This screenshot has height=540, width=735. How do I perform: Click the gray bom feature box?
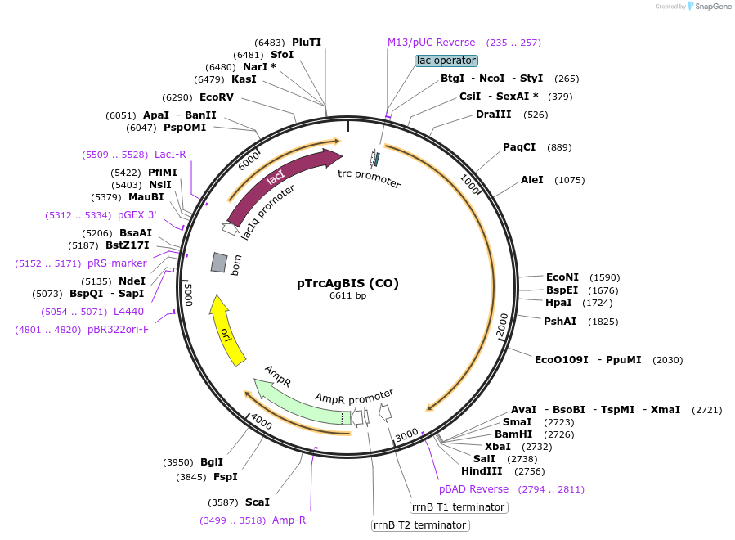coord(218,262)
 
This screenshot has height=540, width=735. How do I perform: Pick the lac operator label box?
coord(446,61)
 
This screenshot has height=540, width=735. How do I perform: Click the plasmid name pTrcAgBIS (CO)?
coord(347,283)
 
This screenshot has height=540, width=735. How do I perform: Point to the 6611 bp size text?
coord(347,295)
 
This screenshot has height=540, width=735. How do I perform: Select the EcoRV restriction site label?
coord(217,97)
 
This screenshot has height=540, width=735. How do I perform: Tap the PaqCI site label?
coord(519,147)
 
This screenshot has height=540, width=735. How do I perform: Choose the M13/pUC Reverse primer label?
coord(431,43)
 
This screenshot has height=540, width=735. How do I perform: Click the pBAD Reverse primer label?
coord(473,489)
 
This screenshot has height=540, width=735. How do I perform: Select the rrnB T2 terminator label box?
coord(420,525)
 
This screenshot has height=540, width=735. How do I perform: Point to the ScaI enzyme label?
coord(257,502)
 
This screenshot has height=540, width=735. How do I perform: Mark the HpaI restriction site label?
coord(558,303)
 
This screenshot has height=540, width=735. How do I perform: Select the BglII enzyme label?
coord(212,462)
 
